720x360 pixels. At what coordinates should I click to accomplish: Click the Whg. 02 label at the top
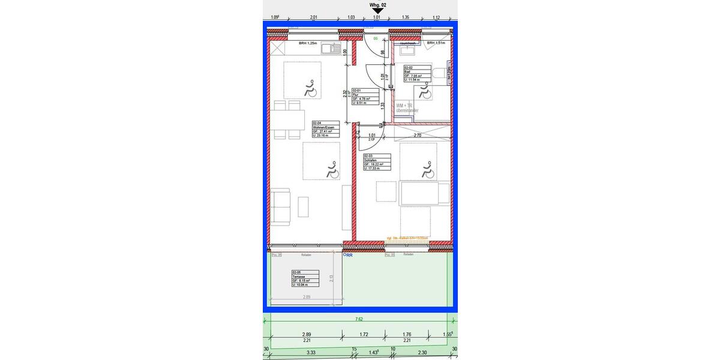(x=378, y=4)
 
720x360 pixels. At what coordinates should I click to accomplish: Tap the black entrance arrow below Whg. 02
(x=377, y=10)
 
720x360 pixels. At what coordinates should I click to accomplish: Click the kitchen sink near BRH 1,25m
(x=331, y=48)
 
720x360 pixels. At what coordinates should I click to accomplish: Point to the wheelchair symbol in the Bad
(x=425, y=92)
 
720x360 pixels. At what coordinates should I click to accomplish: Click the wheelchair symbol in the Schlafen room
(x=427, y=170)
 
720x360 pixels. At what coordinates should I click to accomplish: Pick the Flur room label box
(x=365, y=97)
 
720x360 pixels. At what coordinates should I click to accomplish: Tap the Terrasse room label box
(x=305, y=278)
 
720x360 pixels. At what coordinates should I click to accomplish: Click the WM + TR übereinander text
(x=407, y=108)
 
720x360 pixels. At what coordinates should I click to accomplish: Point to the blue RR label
(x=348, y=255)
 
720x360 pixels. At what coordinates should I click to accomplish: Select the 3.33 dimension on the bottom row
(x=311, y=353)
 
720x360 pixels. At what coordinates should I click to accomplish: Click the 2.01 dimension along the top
(x=313, y=17)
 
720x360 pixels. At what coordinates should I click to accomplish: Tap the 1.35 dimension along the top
(x=406, y=17)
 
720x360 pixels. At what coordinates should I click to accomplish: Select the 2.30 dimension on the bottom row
(x=422, y=353)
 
